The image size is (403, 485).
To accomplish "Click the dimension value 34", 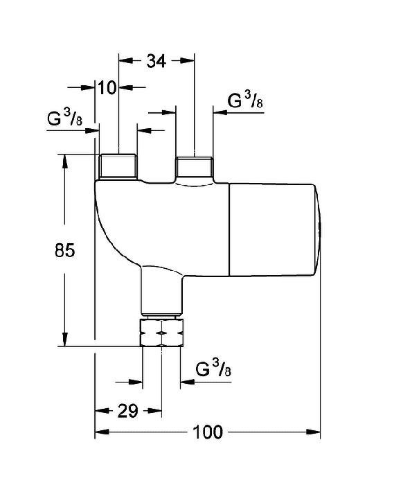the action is (156, 61).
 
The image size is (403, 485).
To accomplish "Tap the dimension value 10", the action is (107, 87).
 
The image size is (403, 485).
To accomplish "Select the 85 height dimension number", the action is (65, 250).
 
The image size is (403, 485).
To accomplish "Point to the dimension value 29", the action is (127, 411).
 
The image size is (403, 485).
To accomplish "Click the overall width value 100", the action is (207, 432).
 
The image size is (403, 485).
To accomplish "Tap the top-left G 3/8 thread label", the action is (65, 118).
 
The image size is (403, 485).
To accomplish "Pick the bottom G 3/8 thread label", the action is (213, 368).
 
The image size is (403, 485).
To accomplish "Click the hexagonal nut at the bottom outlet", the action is (161, 333).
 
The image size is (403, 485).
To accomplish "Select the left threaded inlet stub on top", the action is (118, 166).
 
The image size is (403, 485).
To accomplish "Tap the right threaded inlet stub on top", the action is (195, 168).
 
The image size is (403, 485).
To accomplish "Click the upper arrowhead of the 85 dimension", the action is (64, 161).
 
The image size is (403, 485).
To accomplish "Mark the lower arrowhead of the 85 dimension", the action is (64, 339).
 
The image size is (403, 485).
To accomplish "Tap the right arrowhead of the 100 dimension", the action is (313, 432).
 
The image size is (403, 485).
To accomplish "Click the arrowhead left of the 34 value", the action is (126, 61).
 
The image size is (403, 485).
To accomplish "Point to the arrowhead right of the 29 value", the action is (154, 411).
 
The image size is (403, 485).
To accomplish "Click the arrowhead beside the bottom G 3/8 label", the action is (188, 382).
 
